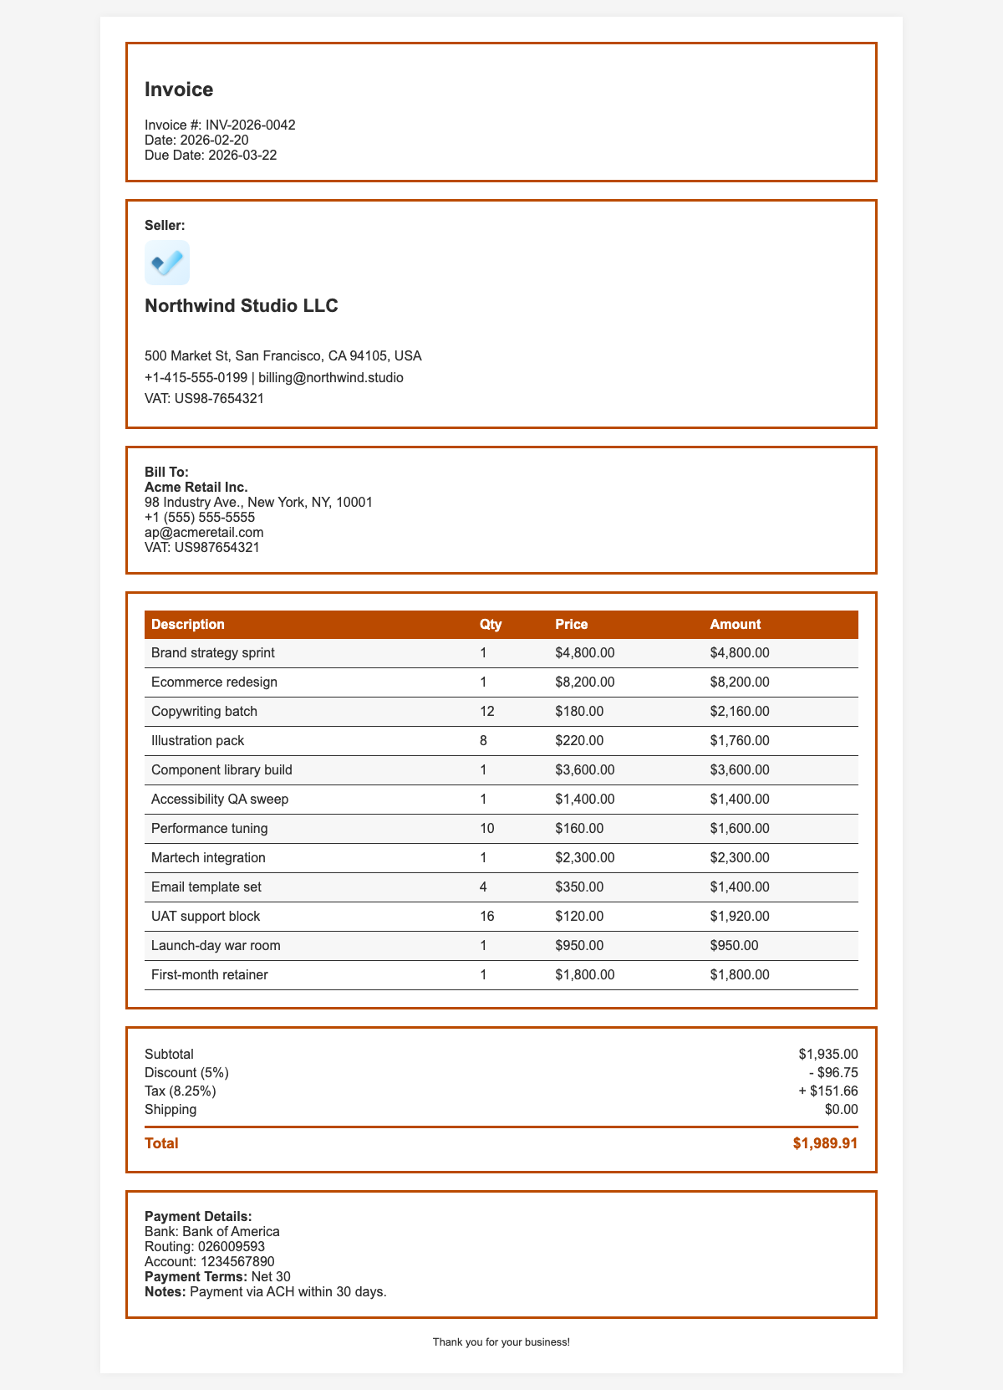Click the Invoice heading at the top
[x=179, y=89]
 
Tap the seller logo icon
[x=167, y=263]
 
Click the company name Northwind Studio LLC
[x=242, y=305]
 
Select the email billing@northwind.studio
[x=331, y=377]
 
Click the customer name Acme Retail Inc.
[x=196, y=487]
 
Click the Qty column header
[x=491, y=624]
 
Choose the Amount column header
[x=735, y=624]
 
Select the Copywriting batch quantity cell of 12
[x=487, y=711]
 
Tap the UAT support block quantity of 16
[x=487, y=916]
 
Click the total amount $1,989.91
[x=825, y=1142]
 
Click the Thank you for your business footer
[x=501, y=1341]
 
